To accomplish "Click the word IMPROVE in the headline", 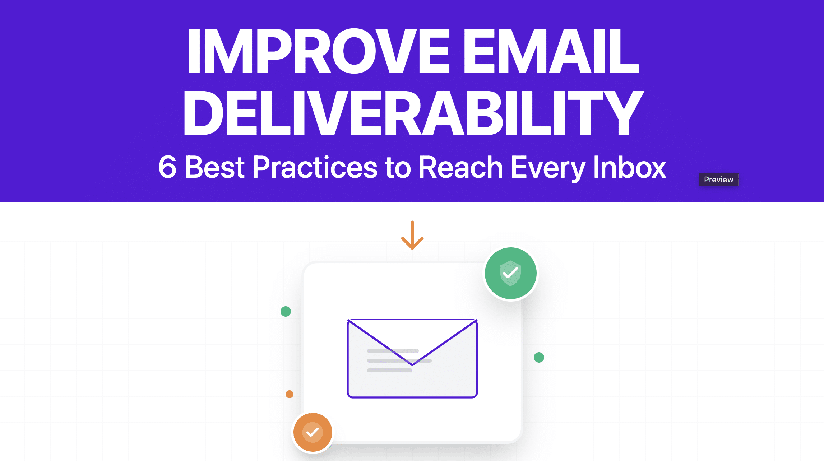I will (318, 51).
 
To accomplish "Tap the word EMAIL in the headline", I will (551, 51).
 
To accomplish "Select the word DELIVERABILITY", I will (413, 113).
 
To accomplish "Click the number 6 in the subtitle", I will (167, 167).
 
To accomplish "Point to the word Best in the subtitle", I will (214, 167).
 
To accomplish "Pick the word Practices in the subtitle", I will (315, 167).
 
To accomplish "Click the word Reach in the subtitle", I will (460, 167).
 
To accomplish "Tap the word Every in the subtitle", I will (548, 168).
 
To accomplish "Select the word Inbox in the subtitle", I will (630, 167).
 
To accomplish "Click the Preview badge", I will (718, 180).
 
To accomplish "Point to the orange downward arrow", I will (412, 236).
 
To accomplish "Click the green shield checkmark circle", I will (510, 273).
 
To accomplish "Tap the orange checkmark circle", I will (313, 432).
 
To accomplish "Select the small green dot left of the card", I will (286, 311).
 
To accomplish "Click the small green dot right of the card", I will (539, 357).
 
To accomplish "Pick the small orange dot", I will (290, 394).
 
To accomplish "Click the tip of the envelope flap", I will (412, 364).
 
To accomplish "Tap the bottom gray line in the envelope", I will (389, 370).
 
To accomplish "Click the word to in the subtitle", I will (398, 168).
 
